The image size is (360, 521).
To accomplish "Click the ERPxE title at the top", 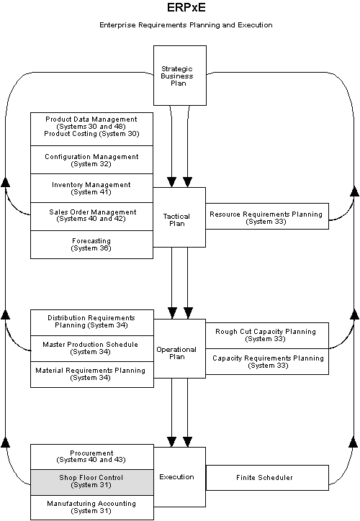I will (180, 8).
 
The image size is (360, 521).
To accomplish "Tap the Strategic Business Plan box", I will (180, 75).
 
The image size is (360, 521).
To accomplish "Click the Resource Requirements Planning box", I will (266, 217).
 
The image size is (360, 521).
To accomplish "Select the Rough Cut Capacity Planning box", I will (266, 335).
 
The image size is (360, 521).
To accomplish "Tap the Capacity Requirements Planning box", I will (266, 361).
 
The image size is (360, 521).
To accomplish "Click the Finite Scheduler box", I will (266, 477).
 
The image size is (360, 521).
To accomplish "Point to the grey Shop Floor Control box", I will (91, 481).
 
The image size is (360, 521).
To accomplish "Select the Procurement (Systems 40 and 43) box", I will (91, 456).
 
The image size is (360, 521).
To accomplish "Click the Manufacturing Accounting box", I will (91, 507).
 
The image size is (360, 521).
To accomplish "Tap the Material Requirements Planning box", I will (91, 374).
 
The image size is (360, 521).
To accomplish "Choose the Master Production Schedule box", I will (91, 348).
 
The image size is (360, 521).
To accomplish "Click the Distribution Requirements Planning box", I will (91, 322).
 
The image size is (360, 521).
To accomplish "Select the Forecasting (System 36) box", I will (91, 244).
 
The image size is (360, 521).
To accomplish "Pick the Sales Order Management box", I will (91, 215).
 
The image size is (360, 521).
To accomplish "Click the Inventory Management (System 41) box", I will (91, 188).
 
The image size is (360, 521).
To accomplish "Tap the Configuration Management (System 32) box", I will (91, 160).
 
